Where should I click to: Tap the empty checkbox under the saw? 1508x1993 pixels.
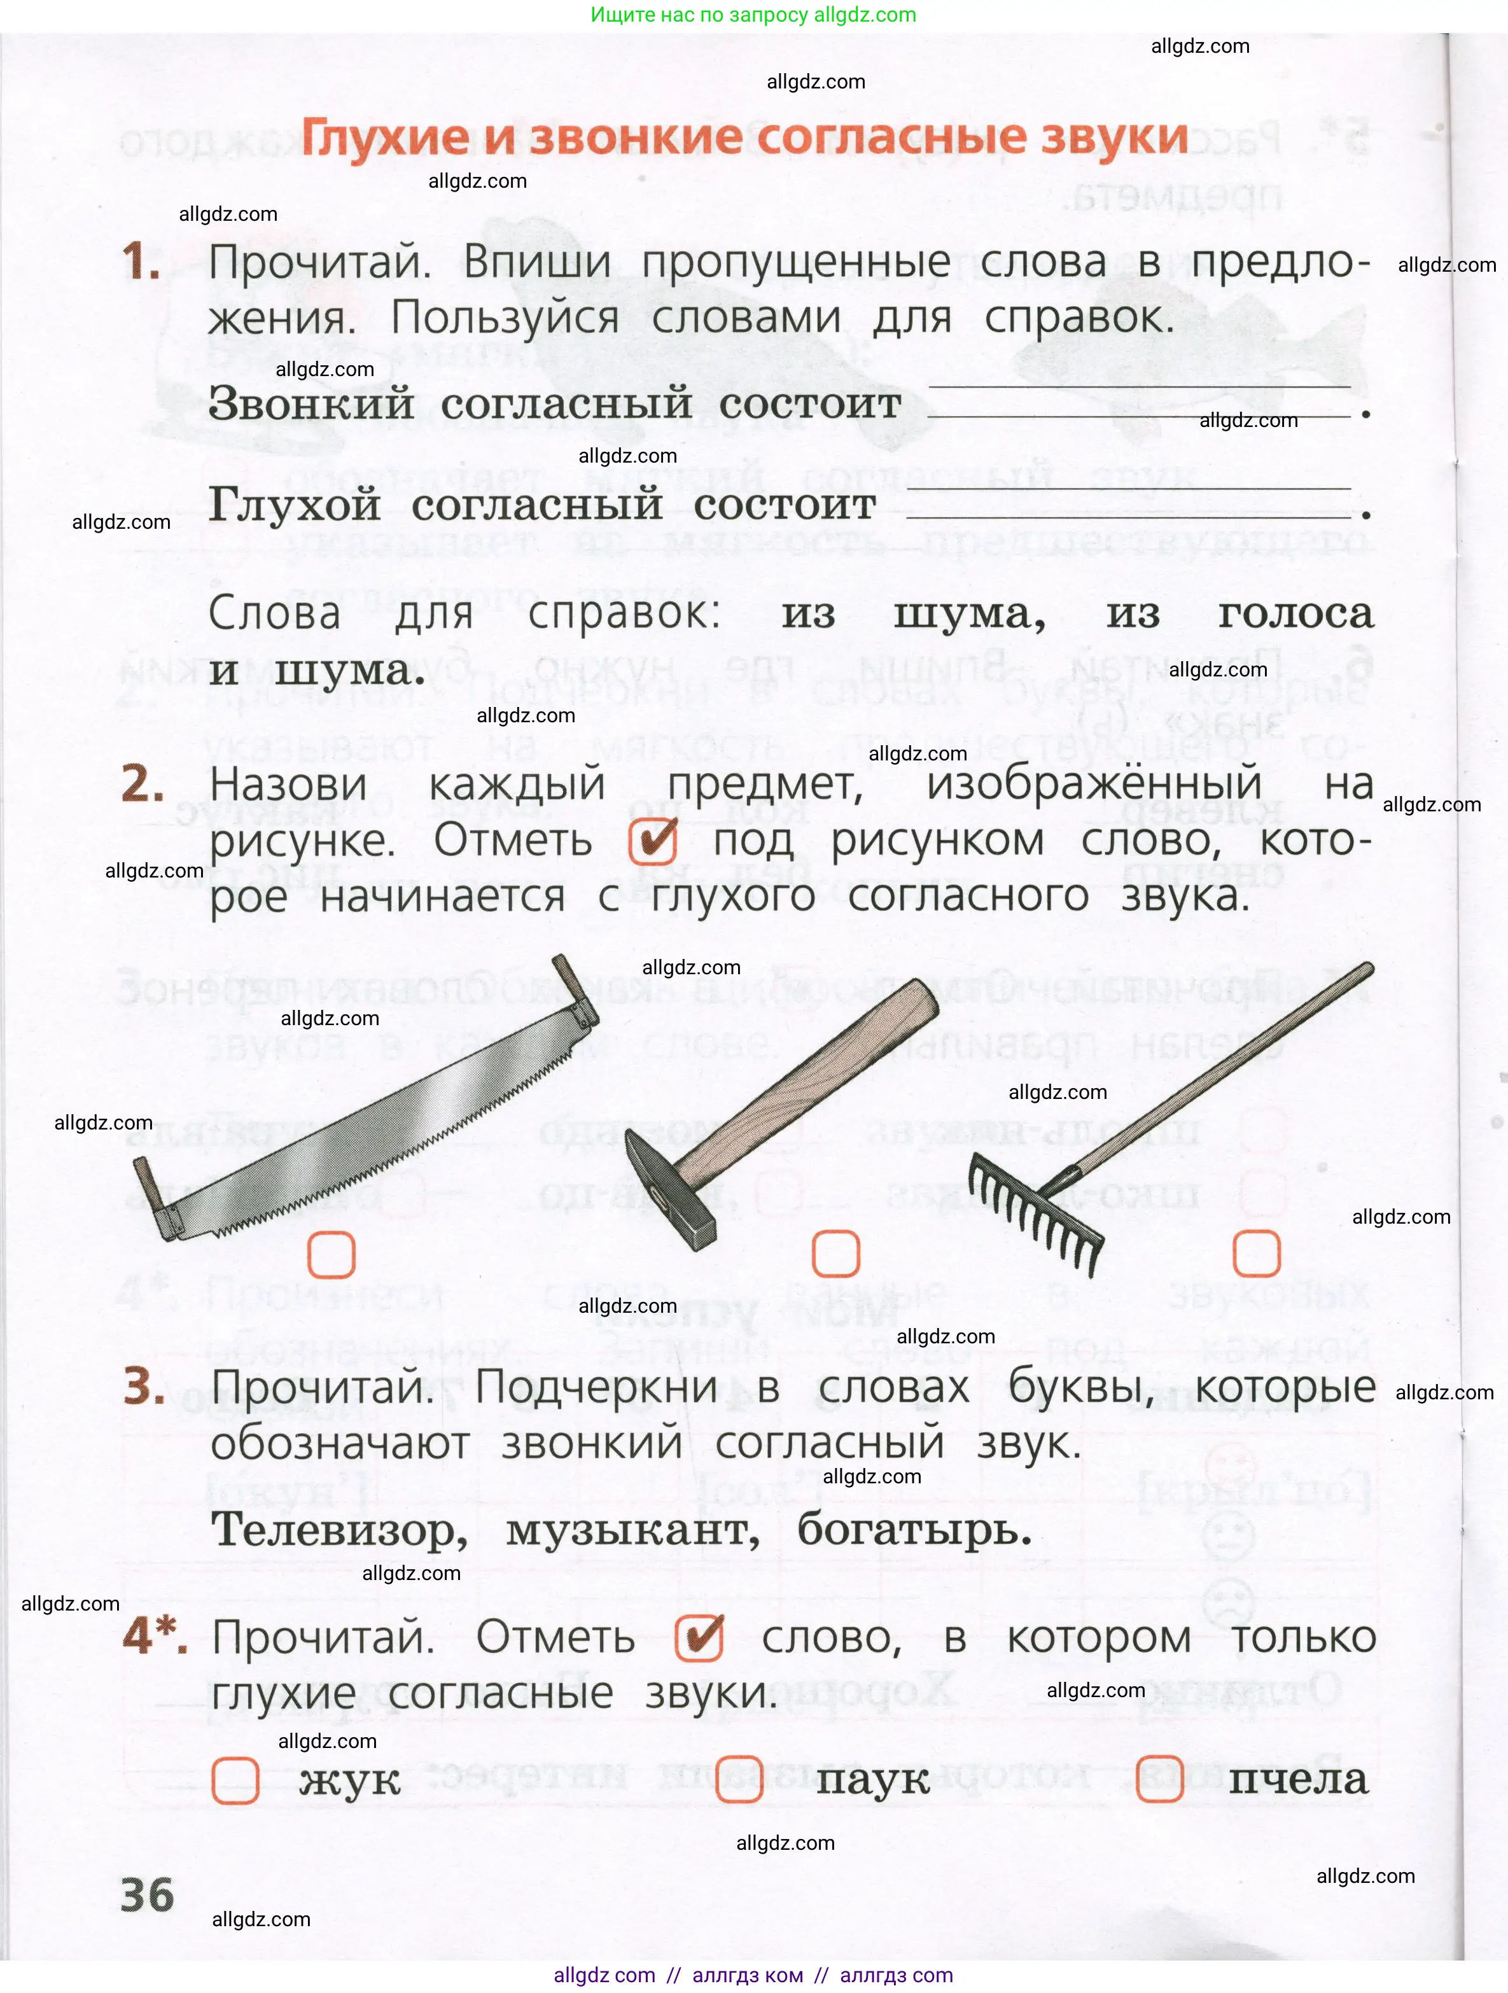tap(332, 1254)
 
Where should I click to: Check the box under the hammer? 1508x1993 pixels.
tap(836, 1254)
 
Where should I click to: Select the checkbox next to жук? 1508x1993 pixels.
tap(235, 1780)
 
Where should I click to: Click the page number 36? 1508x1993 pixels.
tap(147, 1896)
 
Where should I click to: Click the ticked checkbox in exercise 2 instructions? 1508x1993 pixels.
tap(653, 841)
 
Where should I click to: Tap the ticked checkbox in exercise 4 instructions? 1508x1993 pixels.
tap(699, 1637)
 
